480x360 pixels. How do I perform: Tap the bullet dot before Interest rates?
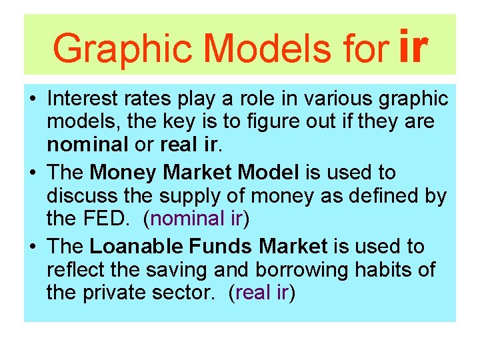[x=33, y=99]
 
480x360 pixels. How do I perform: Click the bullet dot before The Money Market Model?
[x=33, y=173]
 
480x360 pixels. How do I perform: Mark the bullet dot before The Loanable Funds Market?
[x=33, y=247]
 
